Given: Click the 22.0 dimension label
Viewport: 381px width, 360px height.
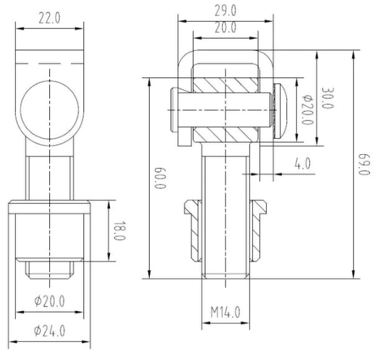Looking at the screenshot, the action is point(49,19).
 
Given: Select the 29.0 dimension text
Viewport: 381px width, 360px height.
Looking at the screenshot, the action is point(225,11).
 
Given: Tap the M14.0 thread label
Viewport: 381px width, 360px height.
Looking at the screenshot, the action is point(225,313).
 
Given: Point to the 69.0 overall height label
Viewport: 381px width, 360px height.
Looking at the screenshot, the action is point(364,164).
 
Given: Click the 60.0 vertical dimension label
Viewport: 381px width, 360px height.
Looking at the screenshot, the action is point(160,179).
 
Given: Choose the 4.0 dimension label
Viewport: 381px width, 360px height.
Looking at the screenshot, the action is point(302,163).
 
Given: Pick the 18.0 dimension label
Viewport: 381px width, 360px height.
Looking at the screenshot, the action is point(119,230).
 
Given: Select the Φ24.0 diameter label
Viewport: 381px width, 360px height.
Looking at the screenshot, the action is point(49,331).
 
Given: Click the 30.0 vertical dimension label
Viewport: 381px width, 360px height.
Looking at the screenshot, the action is point(328,98).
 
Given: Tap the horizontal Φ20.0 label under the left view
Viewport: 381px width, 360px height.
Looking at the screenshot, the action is point(49,301).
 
